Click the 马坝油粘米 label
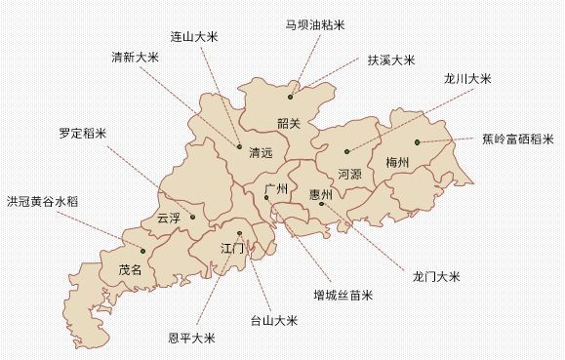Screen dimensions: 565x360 point(314,24)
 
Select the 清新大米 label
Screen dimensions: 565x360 point(135,57)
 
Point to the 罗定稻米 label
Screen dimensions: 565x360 point(82,133)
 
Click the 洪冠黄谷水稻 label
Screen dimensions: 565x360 point(43,201)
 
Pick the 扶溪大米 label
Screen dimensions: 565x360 point(391,60)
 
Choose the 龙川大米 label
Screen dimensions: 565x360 point(466,78)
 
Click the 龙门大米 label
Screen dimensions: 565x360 point(435,277)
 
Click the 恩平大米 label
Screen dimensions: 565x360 point(191,339)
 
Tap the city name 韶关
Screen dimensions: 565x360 point(289,123)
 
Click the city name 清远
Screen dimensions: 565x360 point(261,153)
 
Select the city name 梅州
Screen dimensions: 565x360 point(399,161)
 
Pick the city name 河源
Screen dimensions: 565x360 point(349,174)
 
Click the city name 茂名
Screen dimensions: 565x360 point(130,269)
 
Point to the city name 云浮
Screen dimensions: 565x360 point(168,219)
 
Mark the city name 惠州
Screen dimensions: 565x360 point(320,194)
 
